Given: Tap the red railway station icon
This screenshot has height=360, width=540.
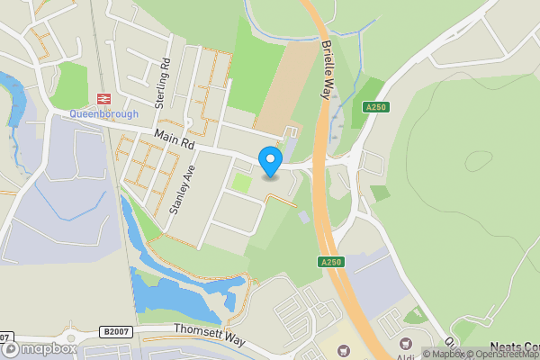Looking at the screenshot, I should point(103,99).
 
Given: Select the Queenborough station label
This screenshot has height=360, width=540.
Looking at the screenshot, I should point(104,114).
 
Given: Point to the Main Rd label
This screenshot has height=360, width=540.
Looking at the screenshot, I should point(175,139).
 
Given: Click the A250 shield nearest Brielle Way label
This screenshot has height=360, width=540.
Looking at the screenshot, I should point(375,107).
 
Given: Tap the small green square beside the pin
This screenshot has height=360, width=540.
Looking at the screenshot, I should point(241,183).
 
